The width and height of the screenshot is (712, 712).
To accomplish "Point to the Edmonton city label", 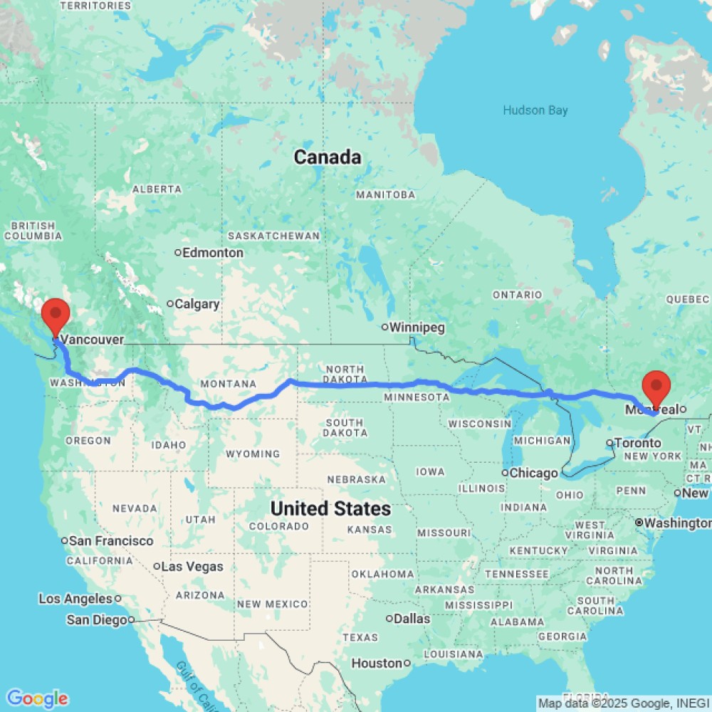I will pos(212,253).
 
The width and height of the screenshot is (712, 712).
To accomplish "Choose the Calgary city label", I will pos(197,304).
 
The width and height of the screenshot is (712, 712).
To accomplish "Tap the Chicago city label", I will pos(534,473).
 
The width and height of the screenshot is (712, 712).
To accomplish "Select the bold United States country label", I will pos(330,508).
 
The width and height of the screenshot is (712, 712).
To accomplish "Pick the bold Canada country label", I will pos(328,157).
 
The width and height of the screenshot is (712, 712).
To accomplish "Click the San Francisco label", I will pos(110,540).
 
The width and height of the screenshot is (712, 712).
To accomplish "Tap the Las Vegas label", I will pos(192,567).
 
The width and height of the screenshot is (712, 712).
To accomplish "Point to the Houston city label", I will pos(377,663).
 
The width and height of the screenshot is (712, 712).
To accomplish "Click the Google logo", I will pos(37,698).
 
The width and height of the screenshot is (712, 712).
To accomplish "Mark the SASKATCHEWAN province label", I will pos(273,236).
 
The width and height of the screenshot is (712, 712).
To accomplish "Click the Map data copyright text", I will pos(623,703).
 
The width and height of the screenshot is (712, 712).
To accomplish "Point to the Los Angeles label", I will pos(76,599).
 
